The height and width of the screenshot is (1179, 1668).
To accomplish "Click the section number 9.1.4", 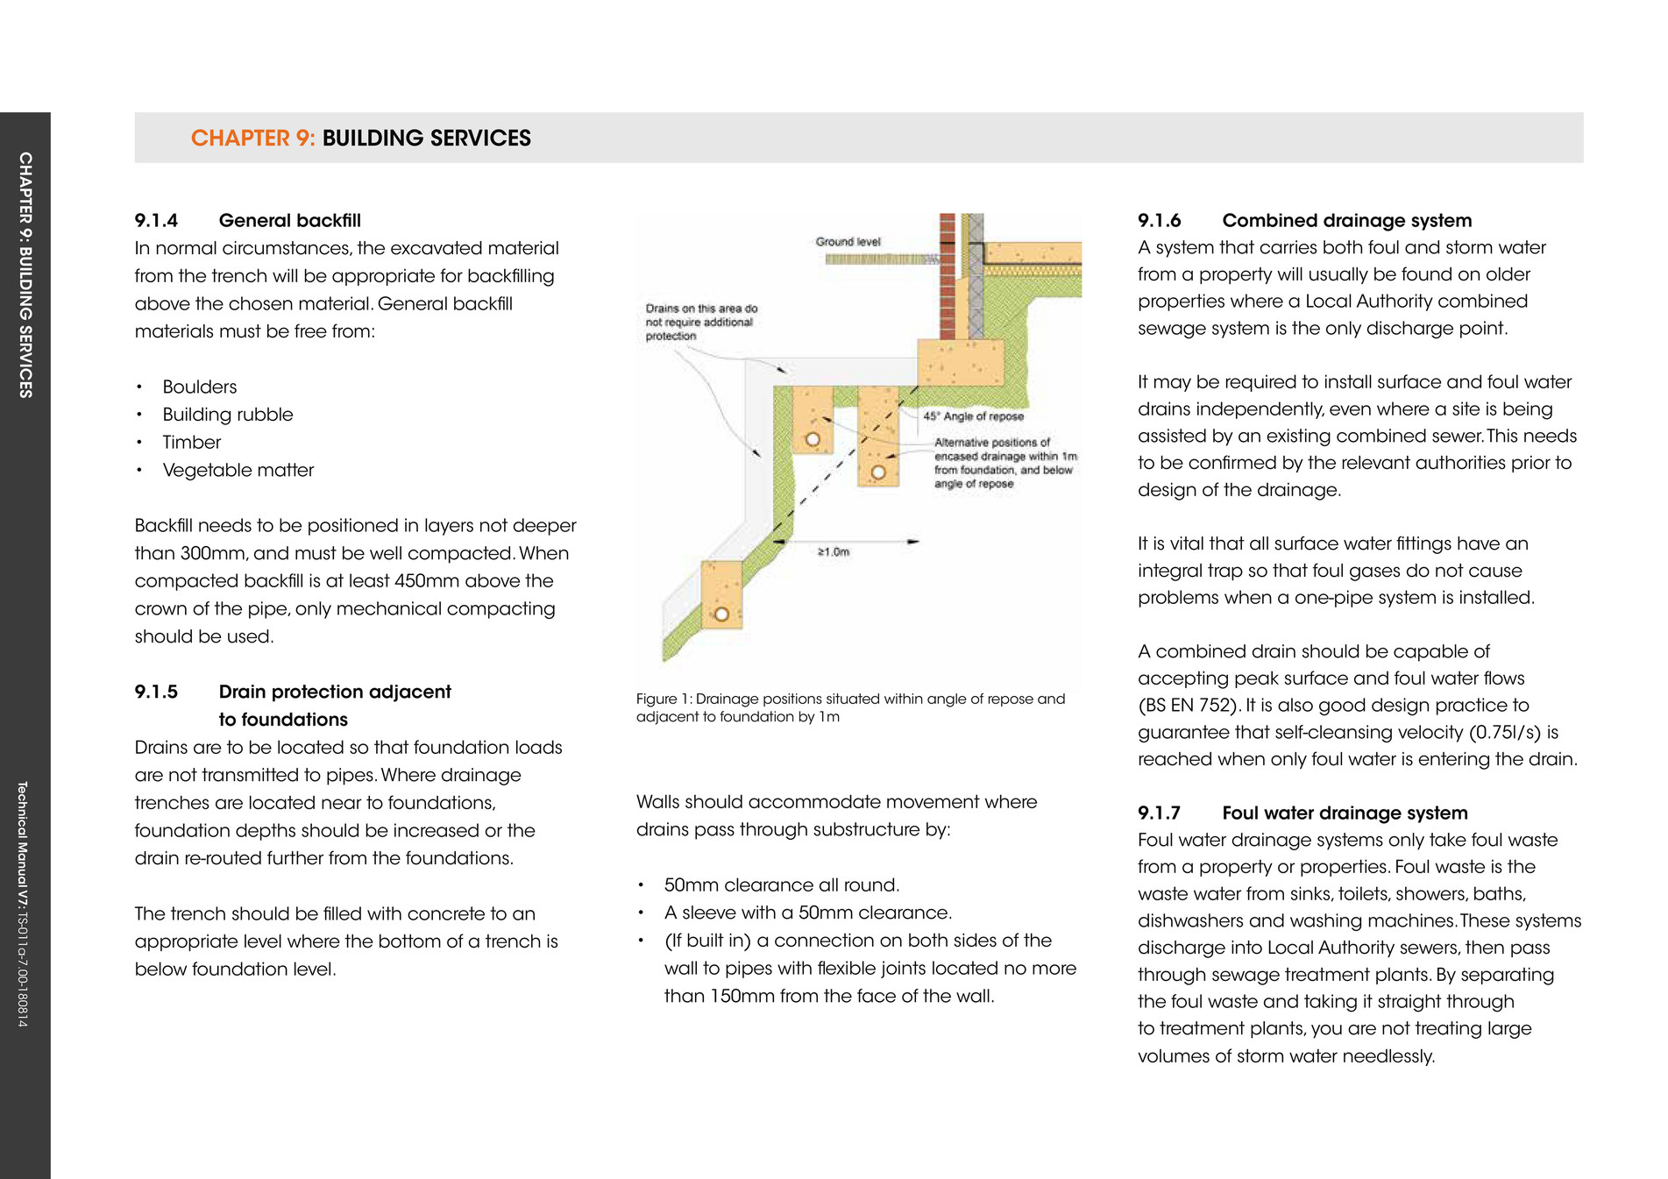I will (156, 220).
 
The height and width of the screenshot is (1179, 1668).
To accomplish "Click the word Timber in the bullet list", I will (191, 442).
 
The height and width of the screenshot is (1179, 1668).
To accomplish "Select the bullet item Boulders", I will (199, 387).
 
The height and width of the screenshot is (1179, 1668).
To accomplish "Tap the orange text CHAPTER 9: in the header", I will (252, 138).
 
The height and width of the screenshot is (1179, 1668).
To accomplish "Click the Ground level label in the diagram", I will (848, 241).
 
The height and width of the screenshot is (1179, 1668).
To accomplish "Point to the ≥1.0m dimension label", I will (834, 551).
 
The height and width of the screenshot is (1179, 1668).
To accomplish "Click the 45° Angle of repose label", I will (973, 416).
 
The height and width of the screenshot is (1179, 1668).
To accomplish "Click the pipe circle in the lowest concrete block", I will (721, 614).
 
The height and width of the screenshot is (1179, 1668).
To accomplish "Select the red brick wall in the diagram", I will (947, 276).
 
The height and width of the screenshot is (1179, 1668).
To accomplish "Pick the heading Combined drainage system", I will (1346, 220).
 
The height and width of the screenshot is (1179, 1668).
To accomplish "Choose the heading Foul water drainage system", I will (1345, 813).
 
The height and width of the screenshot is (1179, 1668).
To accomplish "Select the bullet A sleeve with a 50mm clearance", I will (807, 913).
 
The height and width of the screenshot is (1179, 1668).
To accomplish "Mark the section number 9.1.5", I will (156, 692).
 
